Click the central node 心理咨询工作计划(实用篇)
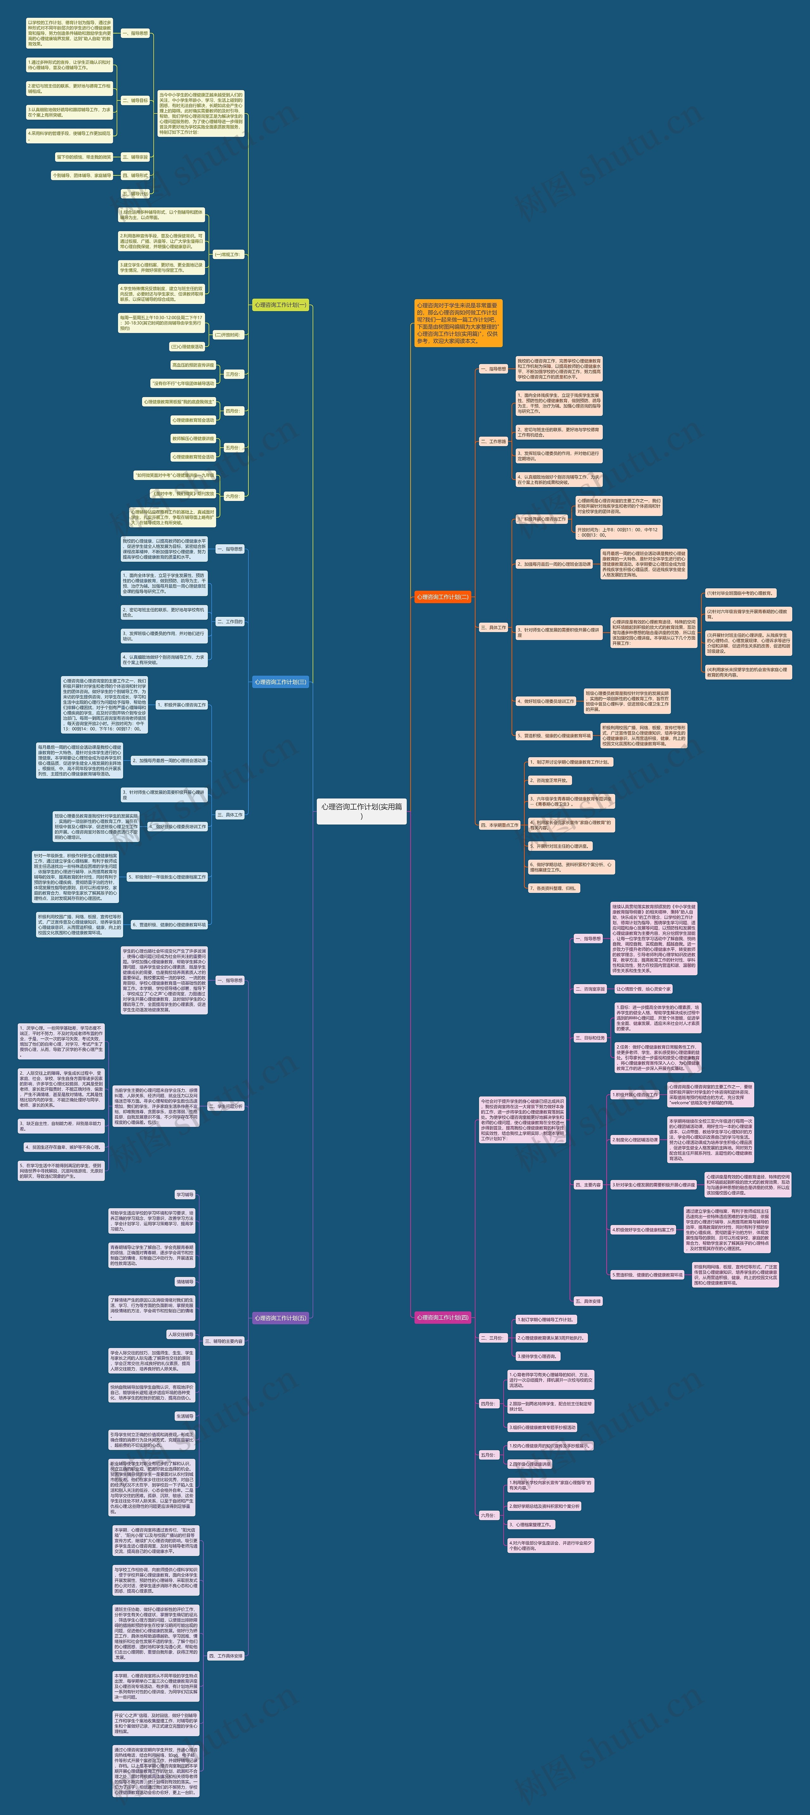pyautogui.click(x=361, y=810)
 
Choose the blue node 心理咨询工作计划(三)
pyautogui.click(x=280, y=682)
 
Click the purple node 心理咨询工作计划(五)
pyautogui.click(x=280, y=1318)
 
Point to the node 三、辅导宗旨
pyautogui.click(x=135, y=157)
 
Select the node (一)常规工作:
pyautogui.click(x=227, y=254)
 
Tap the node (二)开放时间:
pyautogui.click(x=227, y=335)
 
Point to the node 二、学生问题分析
pyautogui.click(x=225, y=1106)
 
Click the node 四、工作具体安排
pyautogui.click(x=225, y=1656)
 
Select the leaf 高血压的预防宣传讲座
pyautogui.click(x=193, y=365)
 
